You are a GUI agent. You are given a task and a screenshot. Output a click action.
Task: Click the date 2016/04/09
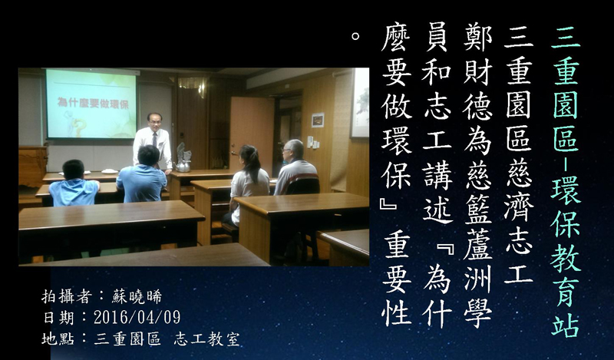[137, 317]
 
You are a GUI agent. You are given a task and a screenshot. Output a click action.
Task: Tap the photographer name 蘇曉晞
[137, 297]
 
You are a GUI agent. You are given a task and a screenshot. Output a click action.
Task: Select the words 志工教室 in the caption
[206, 339]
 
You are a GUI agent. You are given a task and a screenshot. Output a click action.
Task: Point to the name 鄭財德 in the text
[477, 74]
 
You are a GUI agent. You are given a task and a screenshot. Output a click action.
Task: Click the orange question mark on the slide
[81, 127]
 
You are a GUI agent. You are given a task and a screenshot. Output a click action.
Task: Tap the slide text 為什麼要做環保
[93, 103]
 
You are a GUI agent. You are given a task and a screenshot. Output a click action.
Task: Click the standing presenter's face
[155, 122]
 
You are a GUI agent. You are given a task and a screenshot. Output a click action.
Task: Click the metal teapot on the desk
[183, 165]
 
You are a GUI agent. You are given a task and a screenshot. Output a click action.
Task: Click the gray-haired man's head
[292, 150]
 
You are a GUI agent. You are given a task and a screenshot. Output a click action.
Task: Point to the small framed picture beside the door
[318, 120]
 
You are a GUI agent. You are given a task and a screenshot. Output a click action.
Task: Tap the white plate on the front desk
[110, 171]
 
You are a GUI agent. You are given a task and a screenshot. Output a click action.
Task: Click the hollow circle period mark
[355, 36]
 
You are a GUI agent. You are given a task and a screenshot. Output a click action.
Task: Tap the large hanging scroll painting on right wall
[359, 103]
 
